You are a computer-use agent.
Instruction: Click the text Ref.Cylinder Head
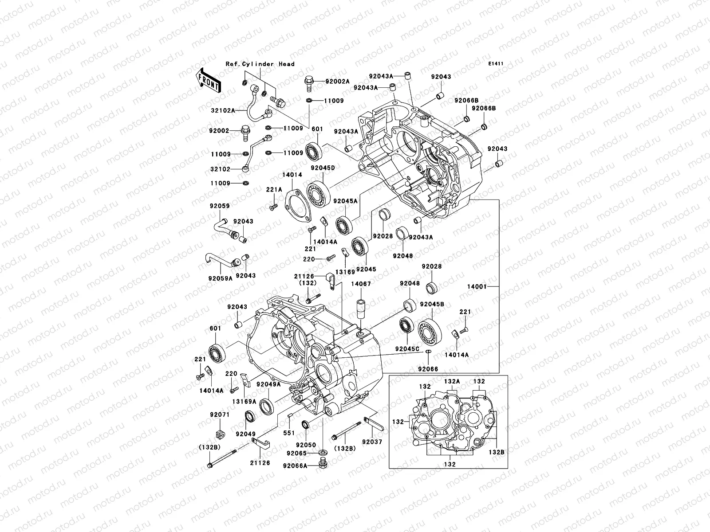coord(260,64)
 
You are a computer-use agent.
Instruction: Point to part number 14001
coord(477,287)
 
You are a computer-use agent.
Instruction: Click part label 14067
coord(361,283)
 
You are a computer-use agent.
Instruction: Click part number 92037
coord(372,442)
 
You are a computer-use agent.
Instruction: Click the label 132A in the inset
coord(452,381)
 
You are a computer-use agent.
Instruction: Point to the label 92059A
coord(221,278)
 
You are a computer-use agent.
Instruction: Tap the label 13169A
coord(247,401)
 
